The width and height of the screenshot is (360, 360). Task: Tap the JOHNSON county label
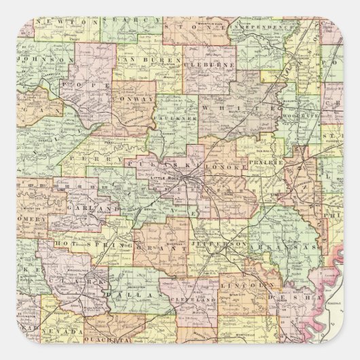pos(46,59)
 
